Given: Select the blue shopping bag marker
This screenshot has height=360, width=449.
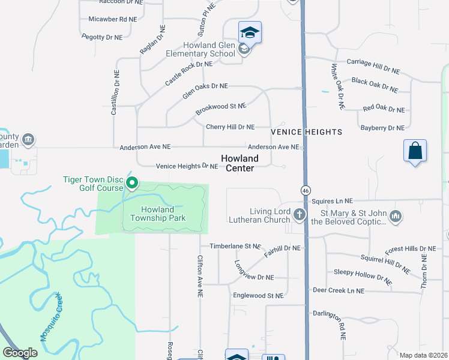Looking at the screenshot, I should [x=415, y=150].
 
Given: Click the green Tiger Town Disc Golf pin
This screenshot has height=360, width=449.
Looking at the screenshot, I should [x=133, y=182].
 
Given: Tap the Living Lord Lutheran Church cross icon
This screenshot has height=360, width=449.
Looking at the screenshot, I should [x=299, y=214].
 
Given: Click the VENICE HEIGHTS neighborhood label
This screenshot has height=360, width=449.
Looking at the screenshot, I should [x=306, y=131].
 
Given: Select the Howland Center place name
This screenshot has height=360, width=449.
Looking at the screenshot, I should [x=240, y=163].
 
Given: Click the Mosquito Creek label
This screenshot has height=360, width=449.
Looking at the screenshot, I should [x=51, y=317].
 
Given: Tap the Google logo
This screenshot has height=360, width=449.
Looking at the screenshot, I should [x=20, y=352].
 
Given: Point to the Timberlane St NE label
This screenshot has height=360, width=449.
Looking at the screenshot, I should [x=235, y=246].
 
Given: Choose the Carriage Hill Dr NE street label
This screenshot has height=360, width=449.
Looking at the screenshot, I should [x=373, y=65].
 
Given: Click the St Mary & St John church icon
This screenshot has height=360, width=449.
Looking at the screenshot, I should [x=395, y=215].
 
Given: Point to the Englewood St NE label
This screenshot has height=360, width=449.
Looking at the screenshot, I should [x=258, y=295].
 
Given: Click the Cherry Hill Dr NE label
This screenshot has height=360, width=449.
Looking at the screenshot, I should [x=231, y=127].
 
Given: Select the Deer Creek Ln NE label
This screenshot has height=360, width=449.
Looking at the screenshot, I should [x=339, y=290].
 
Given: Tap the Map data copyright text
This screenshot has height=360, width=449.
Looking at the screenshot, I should [x=424, y=355].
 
